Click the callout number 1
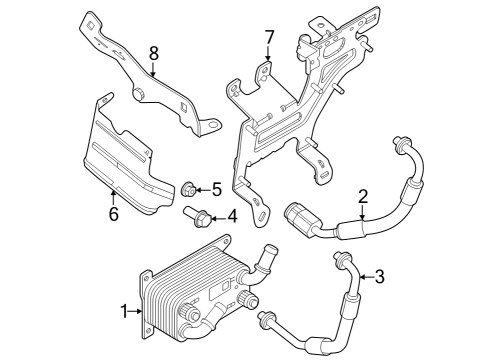124,312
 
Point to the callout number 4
231,214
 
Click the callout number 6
113,214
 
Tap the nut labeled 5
188,187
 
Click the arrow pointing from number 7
268,57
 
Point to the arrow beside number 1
137,312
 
